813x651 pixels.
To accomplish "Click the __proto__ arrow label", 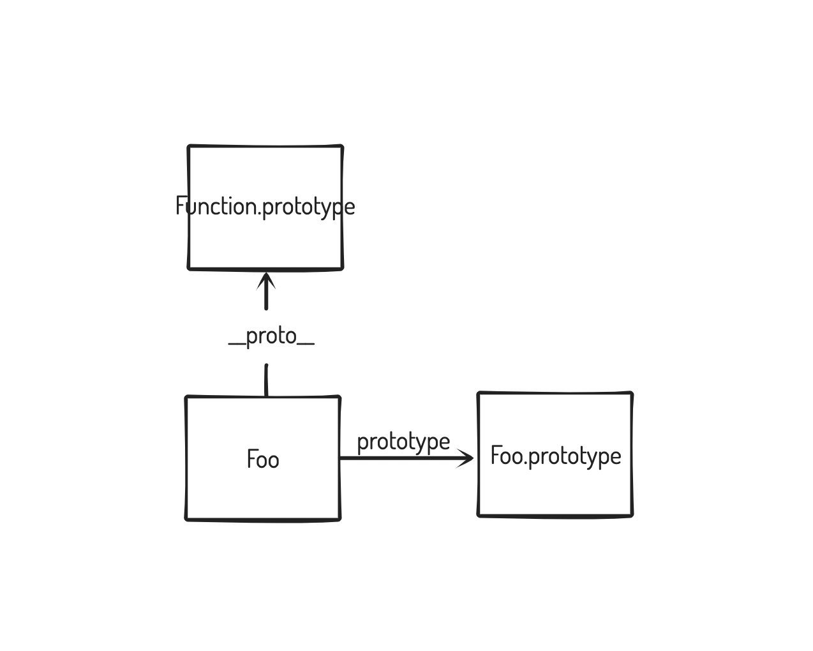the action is click(271, 336).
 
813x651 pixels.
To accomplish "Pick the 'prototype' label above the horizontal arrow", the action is click(403, 442).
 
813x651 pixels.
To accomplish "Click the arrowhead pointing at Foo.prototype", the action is click(467, 458).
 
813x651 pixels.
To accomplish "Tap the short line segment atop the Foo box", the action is click(266, 380).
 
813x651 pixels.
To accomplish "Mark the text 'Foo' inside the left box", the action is click(263, 459).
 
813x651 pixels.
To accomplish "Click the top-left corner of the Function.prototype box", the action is click(190, 147).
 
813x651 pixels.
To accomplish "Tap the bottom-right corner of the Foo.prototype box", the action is click(631, 514).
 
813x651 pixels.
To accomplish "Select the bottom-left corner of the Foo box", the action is click(187, 519).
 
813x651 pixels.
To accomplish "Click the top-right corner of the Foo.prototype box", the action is click(631, 394).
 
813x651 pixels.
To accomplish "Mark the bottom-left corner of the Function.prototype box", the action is click(190, 268).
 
